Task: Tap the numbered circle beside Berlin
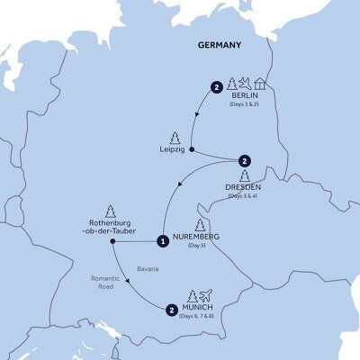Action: coord(216,87)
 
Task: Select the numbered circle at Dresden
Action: coord(243,161)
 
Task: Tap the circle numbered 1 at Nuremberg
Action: coord(162,240)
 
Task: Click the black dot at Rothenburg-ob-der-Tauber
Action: coord(112,240)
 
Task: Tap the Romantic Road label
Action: coord(104,285)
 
